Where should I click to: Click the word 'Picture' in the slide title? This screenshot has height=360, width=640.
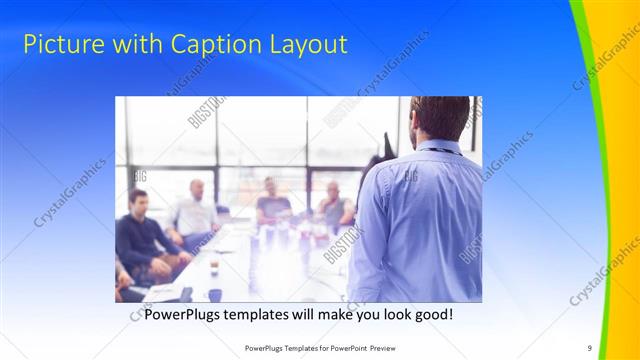click(x=59, y=45)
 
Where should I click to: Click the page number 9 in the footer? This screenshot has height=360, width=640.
click(x=590, y=347)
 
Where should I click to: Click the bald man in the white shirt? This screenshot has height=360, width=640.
click(x=195, y=210)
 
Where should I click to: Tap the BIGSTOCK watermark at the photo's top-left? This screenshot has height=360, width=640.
click(x=206, y=112)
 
